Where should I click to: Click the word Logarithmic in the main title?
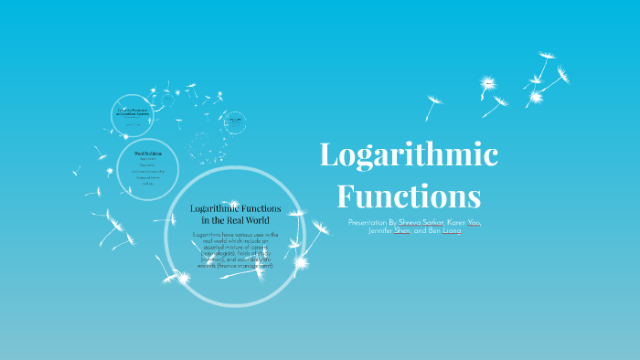point(408,155)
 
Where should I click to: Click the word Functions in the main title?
point(408,196)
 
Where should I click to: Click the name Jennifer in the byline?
point(375,231)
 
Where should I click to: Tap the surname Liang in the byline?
point(452,231)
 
